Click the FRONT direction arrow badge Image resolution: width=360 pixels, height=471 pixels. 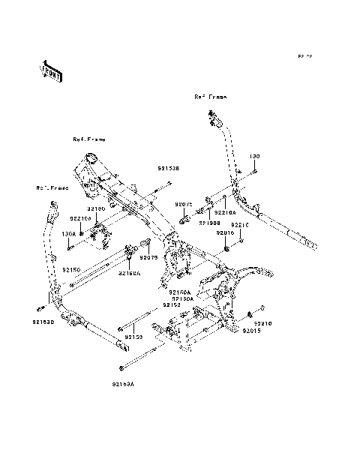[x=50, y=69]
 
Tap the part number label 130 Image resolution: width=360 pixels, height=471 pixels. [x=254, y=157]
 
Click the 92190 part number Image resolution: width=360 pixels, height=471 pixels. [x=96, y=209]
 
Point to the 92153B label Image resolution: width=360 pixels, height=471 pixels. [x=168, y=169]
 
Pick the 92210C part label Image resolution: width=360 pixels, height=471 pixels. [x=239, y=225]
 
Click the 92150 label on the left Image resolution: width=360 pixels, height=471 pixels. [x=70, y=268]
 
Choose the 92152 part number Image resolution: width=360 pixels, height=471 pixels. [x=172, y=305]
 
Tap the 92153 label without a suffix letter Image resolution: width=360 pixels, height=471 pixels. [x=133, y=337]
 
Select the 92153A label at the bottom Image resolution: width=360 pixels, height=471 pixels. [x=123, y=383]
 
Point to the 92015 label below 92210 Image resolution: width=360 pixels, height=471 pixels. [x=251, y=331]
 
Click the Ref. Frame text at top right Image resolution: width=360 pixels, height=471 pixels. [x=210, y=97]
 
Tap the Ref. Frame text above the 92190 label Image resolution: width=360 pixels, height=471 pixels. [x=89, y=139]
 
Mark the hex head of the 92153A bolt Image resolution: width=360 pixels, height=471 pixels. [x=121, y=367]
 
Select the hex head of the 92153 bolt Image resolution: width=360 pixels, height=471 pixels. [x=120, y=330]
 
